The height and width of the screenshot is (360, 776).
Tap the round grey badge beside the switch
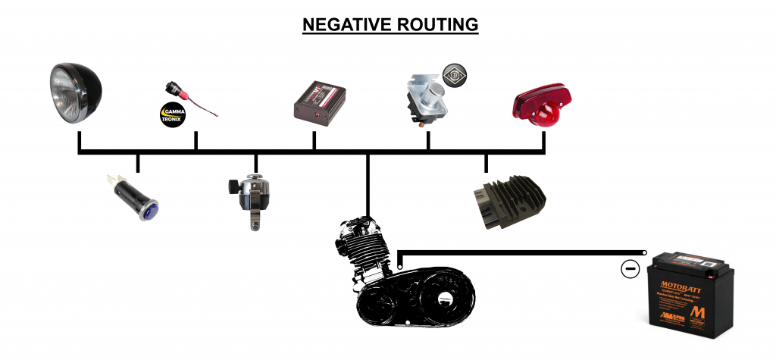click(x=455, y=75)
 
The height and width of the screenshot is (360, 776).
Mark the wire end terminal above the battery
click(x=644, y=253)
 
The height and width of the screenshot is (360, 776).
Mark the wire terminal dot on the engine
click(x=399, y=267)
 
